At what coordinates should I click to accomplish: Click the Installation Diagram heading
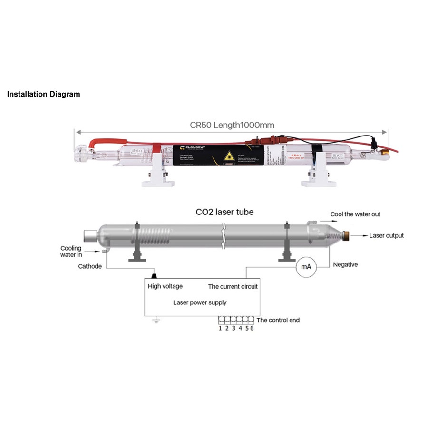tap(43, 94)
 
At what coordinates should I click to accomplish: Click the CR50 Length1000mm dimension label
tap(232, 125)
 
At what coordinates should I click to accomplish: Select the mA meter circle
tap(304, 267)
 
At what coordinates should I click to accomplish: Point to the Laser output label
tap(387, 235)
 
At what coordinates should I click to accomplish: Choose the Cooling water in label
tap(71, 252)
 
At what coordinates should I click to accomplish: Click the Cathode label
tap(90, 266)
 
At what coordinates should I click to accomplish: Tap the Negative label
tap(345, 264)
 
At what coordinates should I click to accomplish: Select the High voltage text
tap(165, 286)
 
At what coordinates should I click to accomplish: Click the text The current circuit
tap(233, 286)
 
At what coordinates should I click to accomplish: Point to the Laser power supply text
tap(200, 302)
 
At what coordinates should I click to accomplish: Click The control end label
tap(278, 320)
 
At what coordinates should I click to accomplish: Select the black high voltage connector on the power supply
tap(154, 276)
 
